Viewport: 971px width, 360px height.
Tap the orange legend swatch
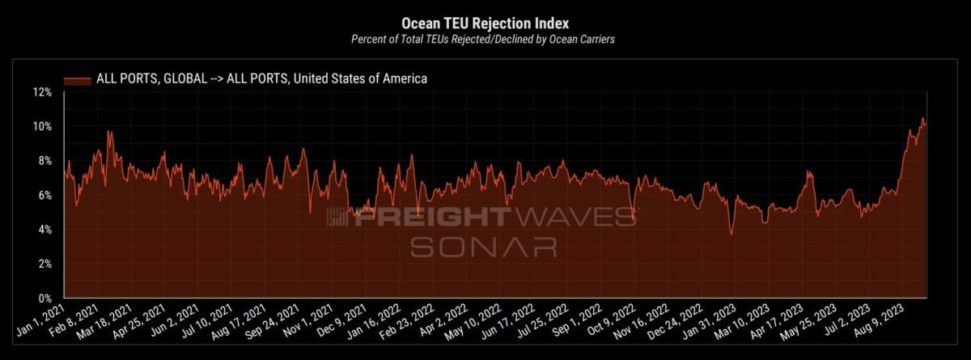[x=78, y=78]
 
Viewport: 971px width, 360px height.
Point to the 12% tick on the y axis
[x=42, y=92]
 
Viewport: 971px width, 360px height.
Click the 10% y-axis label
[x=42, y=127]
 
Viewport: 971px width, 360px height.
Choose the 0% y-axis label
[x=45, y=299]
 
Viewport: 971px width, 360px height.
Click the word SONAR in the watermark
[x=482, y=246]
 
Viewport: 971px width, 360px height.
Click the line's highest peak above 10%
[x=922, y=118]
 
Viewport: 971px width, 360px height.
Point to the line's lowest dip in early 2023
[x=731, y=235]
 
